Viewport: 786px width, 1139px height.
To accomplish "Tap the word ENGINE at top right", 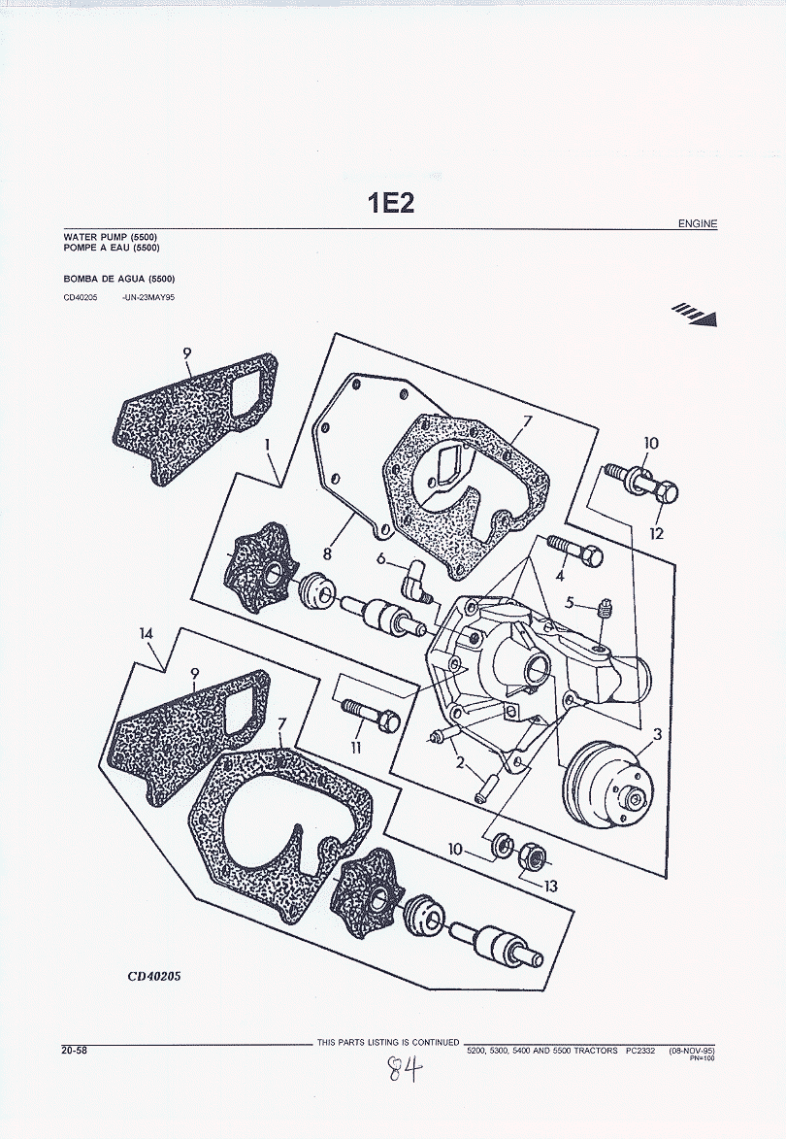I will pos(698,224).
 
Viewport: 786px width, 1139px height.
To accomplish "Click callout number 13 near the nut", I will pos(550,886).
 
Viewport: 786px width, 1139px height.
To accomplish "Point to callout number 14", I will pos(147,634).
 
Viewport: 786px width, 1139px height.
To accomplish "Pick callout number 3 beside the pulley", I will pos(657,735).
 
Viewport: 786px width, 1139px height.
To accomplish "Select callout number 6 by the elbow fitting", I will pos(381,558).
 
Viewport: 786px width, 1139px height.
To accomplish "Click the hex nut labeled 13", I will pos(533,855).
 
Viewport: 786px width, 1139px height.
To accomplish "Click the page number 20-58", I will pos(74,1049).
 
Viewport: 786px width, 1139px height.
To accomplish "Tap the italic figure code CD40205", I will pos(153,976).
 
